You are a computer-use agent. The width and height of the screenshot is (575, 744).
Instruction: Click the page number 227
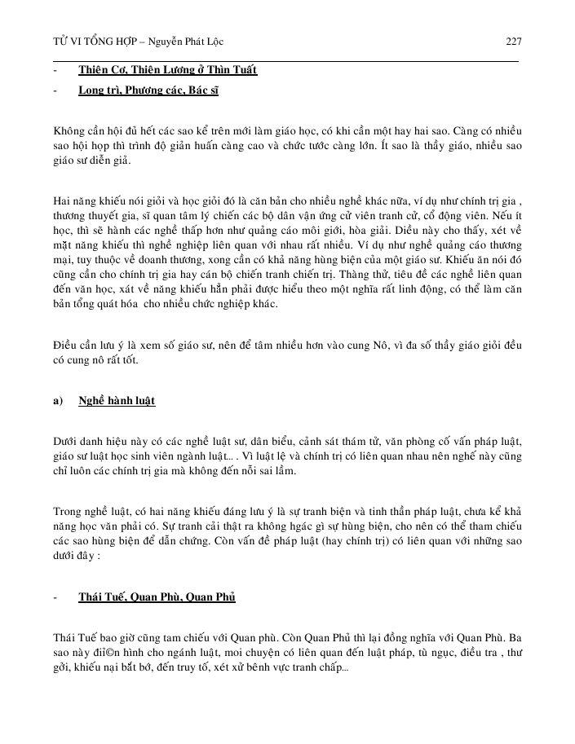(x=513, y=41)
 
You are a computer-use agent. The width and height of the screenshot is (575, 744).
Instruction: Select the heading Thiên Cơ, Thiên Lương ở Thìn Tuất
(x=167, y=70)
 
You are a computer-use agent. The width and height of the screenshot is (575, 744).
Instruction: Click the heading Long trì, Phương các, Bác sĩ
(x=148, y=90)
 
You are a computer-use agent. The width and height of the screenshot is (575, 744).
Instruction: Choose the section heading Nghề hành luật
(x=117, y=401)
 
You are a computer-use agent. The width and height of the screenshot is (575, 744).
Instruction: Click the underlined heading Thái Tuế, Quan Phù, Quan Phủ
(x=157, y=597)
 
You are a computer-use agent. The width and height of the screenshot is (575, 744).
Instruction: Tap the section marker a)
(x=58, y=401)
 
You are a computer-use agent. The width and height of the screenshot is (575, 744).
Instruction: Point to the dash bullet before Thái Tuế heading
(x=55, y=597)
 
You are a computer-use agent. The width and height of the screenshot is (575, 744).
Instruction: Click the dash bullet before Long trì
(x=55, y=90)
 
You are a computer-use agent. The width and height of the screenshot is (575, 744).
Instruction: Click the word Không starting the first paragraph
(x=69, y=130)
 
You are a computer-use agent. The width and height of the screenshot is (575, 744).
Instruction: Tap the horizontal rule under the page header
(x=285, y=60)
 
